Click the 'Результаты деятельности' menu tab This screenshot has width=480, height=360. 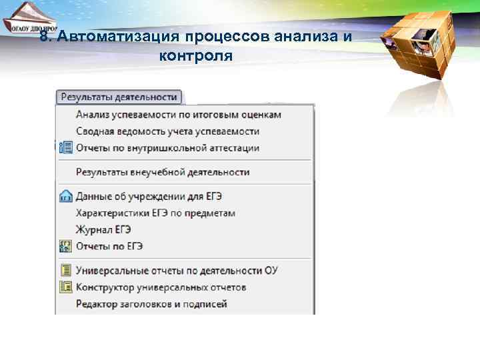pyautogui.click(x=119, y=97)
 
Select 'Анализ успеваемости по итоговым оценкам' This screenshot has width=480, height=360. pyautogui.click(x=178, y=115)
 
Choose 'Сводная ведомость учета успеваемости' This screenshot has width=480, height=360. pyautogui.click(x=167, y=131)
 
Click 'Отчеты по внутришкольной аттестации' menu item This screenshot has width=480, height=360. pyautogui.click(x=167, y=148)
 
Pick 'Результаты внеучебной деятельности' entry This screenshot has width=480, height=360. pyautogui.click(x=163, y=172)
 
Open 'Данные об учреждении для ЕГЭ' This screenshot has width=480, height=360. pyautogui.click(x=149, y=197)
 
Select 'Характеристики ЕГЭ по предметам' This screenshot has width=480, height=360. pyautogui.click(x=155, y=213)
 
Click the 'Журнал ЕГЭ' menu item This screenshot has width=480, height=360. pyautogui.click(x=103, y=230)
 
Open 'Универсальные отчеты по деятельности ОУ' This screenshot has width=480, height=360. pyautogui.click(x=177, y=271)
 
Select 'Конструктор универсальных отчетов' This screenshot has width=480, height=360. pyautogui.click(x=161, y=287)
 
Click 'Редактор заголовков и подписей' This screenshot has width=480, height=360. pyautogui.click(x=151, y=304)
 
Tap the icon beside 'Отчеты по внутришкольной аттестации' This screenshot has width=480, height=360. pyautogui.click(x=65, y=148)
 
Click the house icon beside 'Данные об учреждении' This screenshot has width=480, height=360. pyautogui.click(x=65, y=197)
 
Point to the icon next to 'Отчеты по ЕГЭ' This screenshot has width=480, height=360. pyautogui.click(x=65, y=246)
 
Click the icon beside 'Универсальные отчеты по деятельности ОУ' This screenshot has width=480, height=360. pyautogui.click(x=65, y=271)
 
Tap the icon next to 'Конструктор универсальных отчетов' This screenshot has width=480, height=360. pyautogui.click(x=65, y=287)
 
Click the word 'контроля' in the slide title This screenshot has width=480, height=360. pyautogui.click(x=196, y=55)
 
